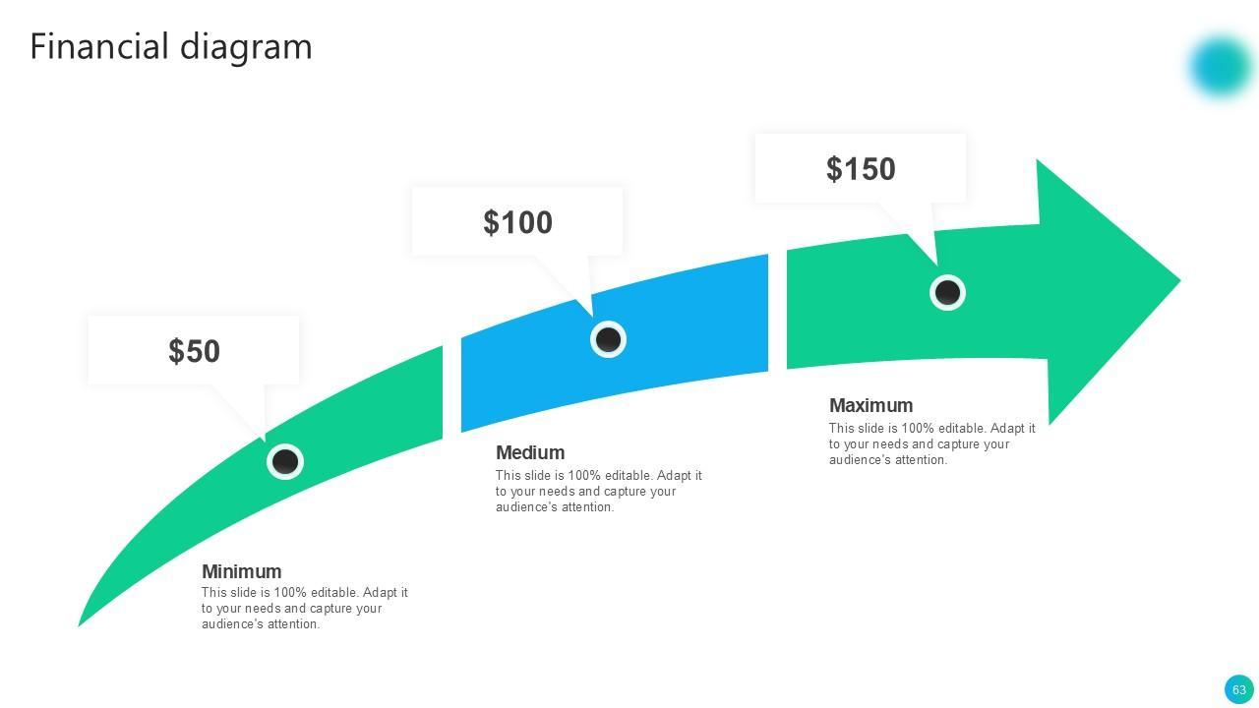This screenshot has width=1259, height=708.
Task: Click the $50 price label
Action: click(x=194, y=351)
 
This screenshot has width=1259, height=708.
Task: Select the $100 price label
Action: click(x=517, y=222)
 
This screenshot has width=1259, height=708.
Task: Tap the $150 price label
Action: click(x=861, y=169)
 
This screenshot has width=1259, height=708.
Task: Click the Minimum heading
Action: click(x=241, y=571)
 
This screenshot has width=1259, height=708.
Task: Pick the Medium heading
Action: click(x=530, y=452)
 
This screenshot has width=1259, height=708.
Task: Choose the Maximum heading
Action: click(x=870, y=405)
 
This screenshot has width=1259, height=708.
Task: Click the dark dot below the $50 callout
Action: click(x=285, y=461)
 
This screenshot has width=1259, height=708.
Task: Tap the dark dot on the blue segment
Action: click(x=609, y=339)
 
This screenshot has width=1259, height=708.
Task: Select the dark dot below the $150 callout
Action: click(x=947, y=292)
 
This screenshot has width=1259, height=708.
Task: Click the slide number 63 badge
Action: click(x=1238, y=689)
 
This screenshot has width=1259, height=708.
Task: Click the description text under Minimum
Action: click(x=304, y=609)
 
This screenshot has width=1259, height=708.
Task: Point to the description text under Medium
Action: click(x=598, y=492)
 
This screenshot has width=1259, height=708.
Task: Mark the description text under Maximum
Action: click(x=931, y=443)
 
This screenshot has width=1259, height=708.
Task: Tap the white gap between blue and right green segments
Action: click(x=777, y=310)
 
